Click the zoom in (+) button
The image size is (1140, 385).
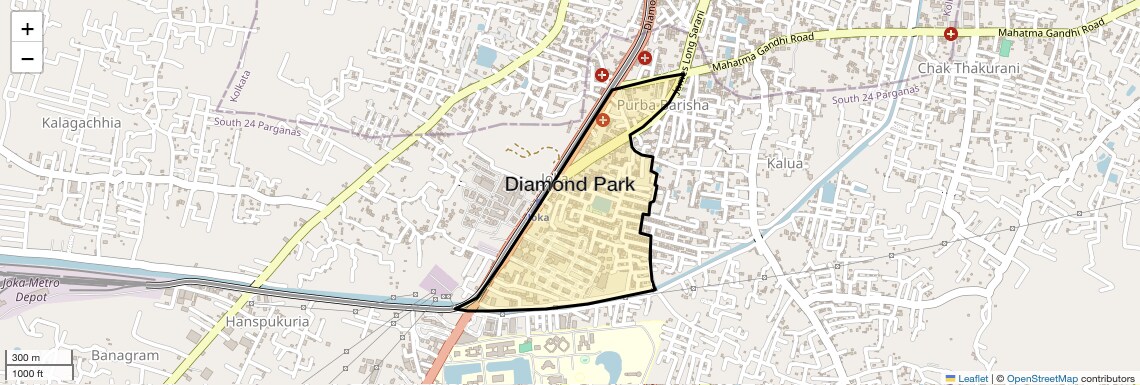[x=27, y=28]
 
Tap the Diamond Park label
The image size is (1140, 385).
[x=570, y=184]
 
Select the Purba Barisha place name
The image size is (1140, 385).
[x=662, y=104]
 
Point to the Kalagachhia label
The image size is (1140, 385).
[x=81, y=123]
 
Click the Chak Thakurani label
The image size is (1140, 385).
[x=967, y=68]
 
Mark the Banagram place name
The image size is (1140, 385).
[x=125, y=356]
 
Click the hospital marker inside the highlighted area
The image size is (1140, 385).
[x=603, y=120]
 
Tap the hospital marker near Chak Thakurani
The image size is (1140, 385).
[x=950, y=34]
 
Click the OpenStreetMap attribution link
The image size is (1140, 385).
[x=1042, y=378]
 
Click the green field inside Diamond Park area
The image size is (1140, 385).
[x=602, y=204]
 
